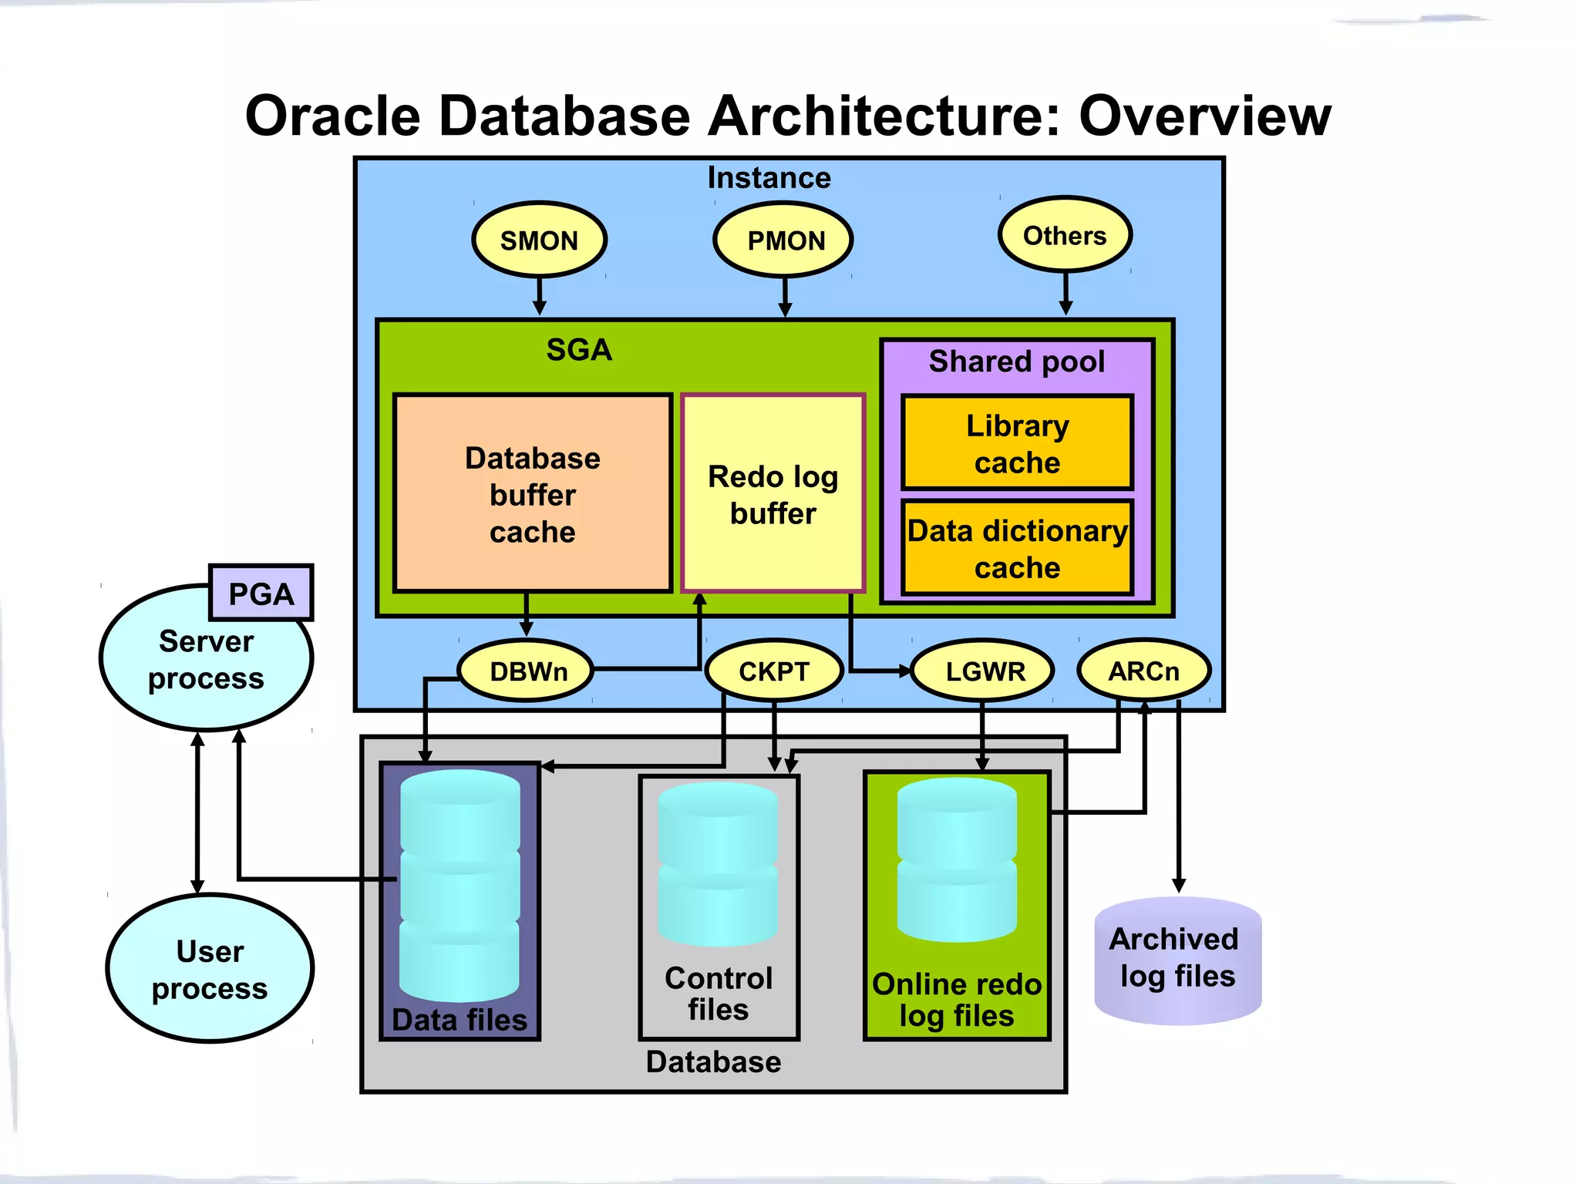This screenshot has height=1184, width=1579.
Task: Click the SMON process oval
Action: [x=539, y=240]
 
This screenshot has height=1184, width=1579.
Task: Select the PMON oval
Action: [x=783, y=240]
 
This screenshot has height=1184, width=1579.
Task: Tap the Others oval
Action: [x=1065, y=235]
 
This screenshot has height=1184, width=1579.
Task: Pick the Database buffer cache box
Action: [x=532, y=494]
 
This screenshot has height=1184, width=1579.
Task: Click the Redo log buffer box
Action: [x=773, y=494]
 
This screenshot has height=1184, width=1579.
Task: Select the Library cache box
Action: [x=1017, y=443]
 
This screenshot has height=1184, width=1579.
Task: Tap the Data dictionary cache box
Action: [x=1017, y=548]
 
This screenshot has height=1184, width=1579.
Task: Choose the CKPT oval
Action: [x=774, y=671]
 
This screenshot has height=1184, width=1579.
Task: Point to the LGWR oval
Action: [x=984, y=671]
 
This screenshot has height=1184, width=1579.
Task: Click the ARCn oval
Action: [x=1143, y=671]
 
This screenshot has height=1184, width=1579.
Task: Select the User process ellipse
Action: [x=210, y=969]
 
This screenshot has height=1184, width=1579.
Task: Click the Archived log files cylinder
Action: [x=1177, y=960]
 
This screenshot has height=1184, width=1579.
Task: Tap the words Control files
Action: [x=719, y=994]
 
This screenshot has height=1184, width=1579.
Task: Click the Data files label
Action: [x=460, y=1020]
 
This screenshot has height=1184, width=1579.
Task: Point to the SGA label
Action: [x=579, y=350]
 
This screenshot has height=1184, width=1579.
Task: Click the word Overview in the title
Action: [x=1204, y=116]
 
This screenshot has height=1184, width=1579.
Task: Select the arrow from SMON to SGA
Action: [x=540, y=297]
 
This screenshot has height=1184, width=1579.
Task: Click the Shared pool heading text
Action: [x=1016, y=362]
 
